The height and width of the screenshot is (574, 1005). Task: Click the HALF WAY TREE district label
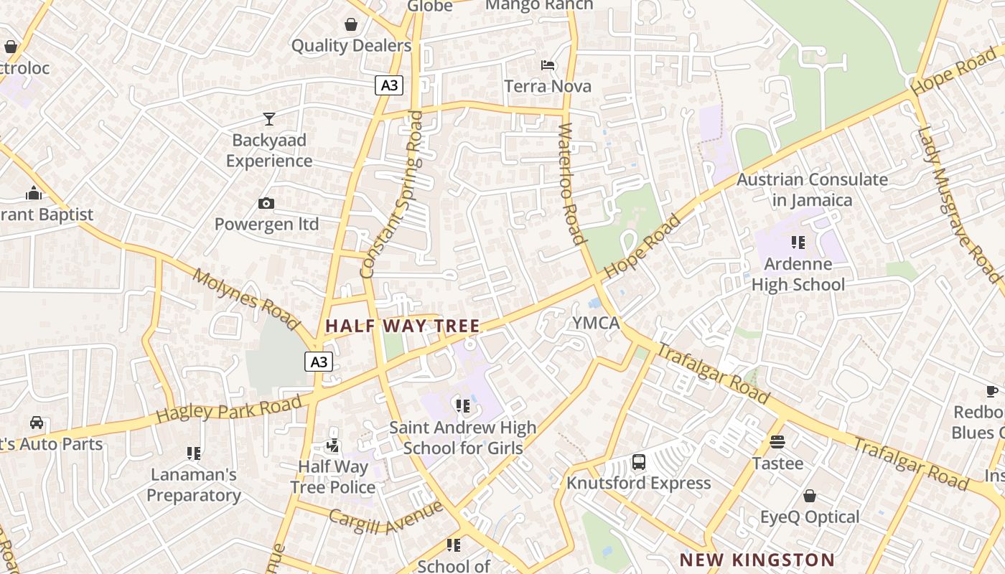402,326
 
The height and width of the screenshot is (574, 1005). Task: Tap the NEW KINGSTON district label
757,560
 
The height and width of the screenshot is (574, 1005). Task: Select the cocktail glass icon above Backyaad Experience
269,118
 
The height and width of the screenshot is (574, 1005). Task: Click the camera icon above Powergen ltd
266,204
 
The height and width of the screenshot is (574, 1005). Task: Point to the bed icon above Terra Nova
548,65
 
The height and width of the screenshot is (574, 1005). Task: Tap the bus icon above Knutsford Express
639,462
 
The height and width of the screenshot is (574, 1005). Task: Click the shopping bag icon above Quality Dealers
351,25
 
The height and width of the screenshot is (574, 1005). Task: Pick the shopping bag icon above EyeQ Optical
810,496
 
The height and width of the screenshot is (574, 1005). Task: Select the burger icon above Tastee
777,441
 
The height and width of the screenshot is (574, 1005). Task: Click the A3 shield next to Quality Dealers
388,85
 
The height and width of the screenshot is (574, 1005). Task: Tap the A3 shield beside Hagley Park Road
319,362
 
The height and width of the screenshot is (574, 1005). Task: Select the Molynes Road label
246,299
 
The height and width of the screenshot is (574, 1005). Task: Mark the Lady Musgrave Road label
959,204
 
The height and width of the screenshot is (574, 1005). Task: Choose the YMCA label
596,323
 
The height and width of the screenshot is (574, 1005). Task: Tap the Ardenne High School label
798,274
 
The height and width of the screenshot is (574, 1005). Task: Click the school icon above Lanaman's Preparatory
193,453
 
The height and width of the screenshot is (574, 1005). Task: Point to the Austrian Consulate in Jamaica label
812,189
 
